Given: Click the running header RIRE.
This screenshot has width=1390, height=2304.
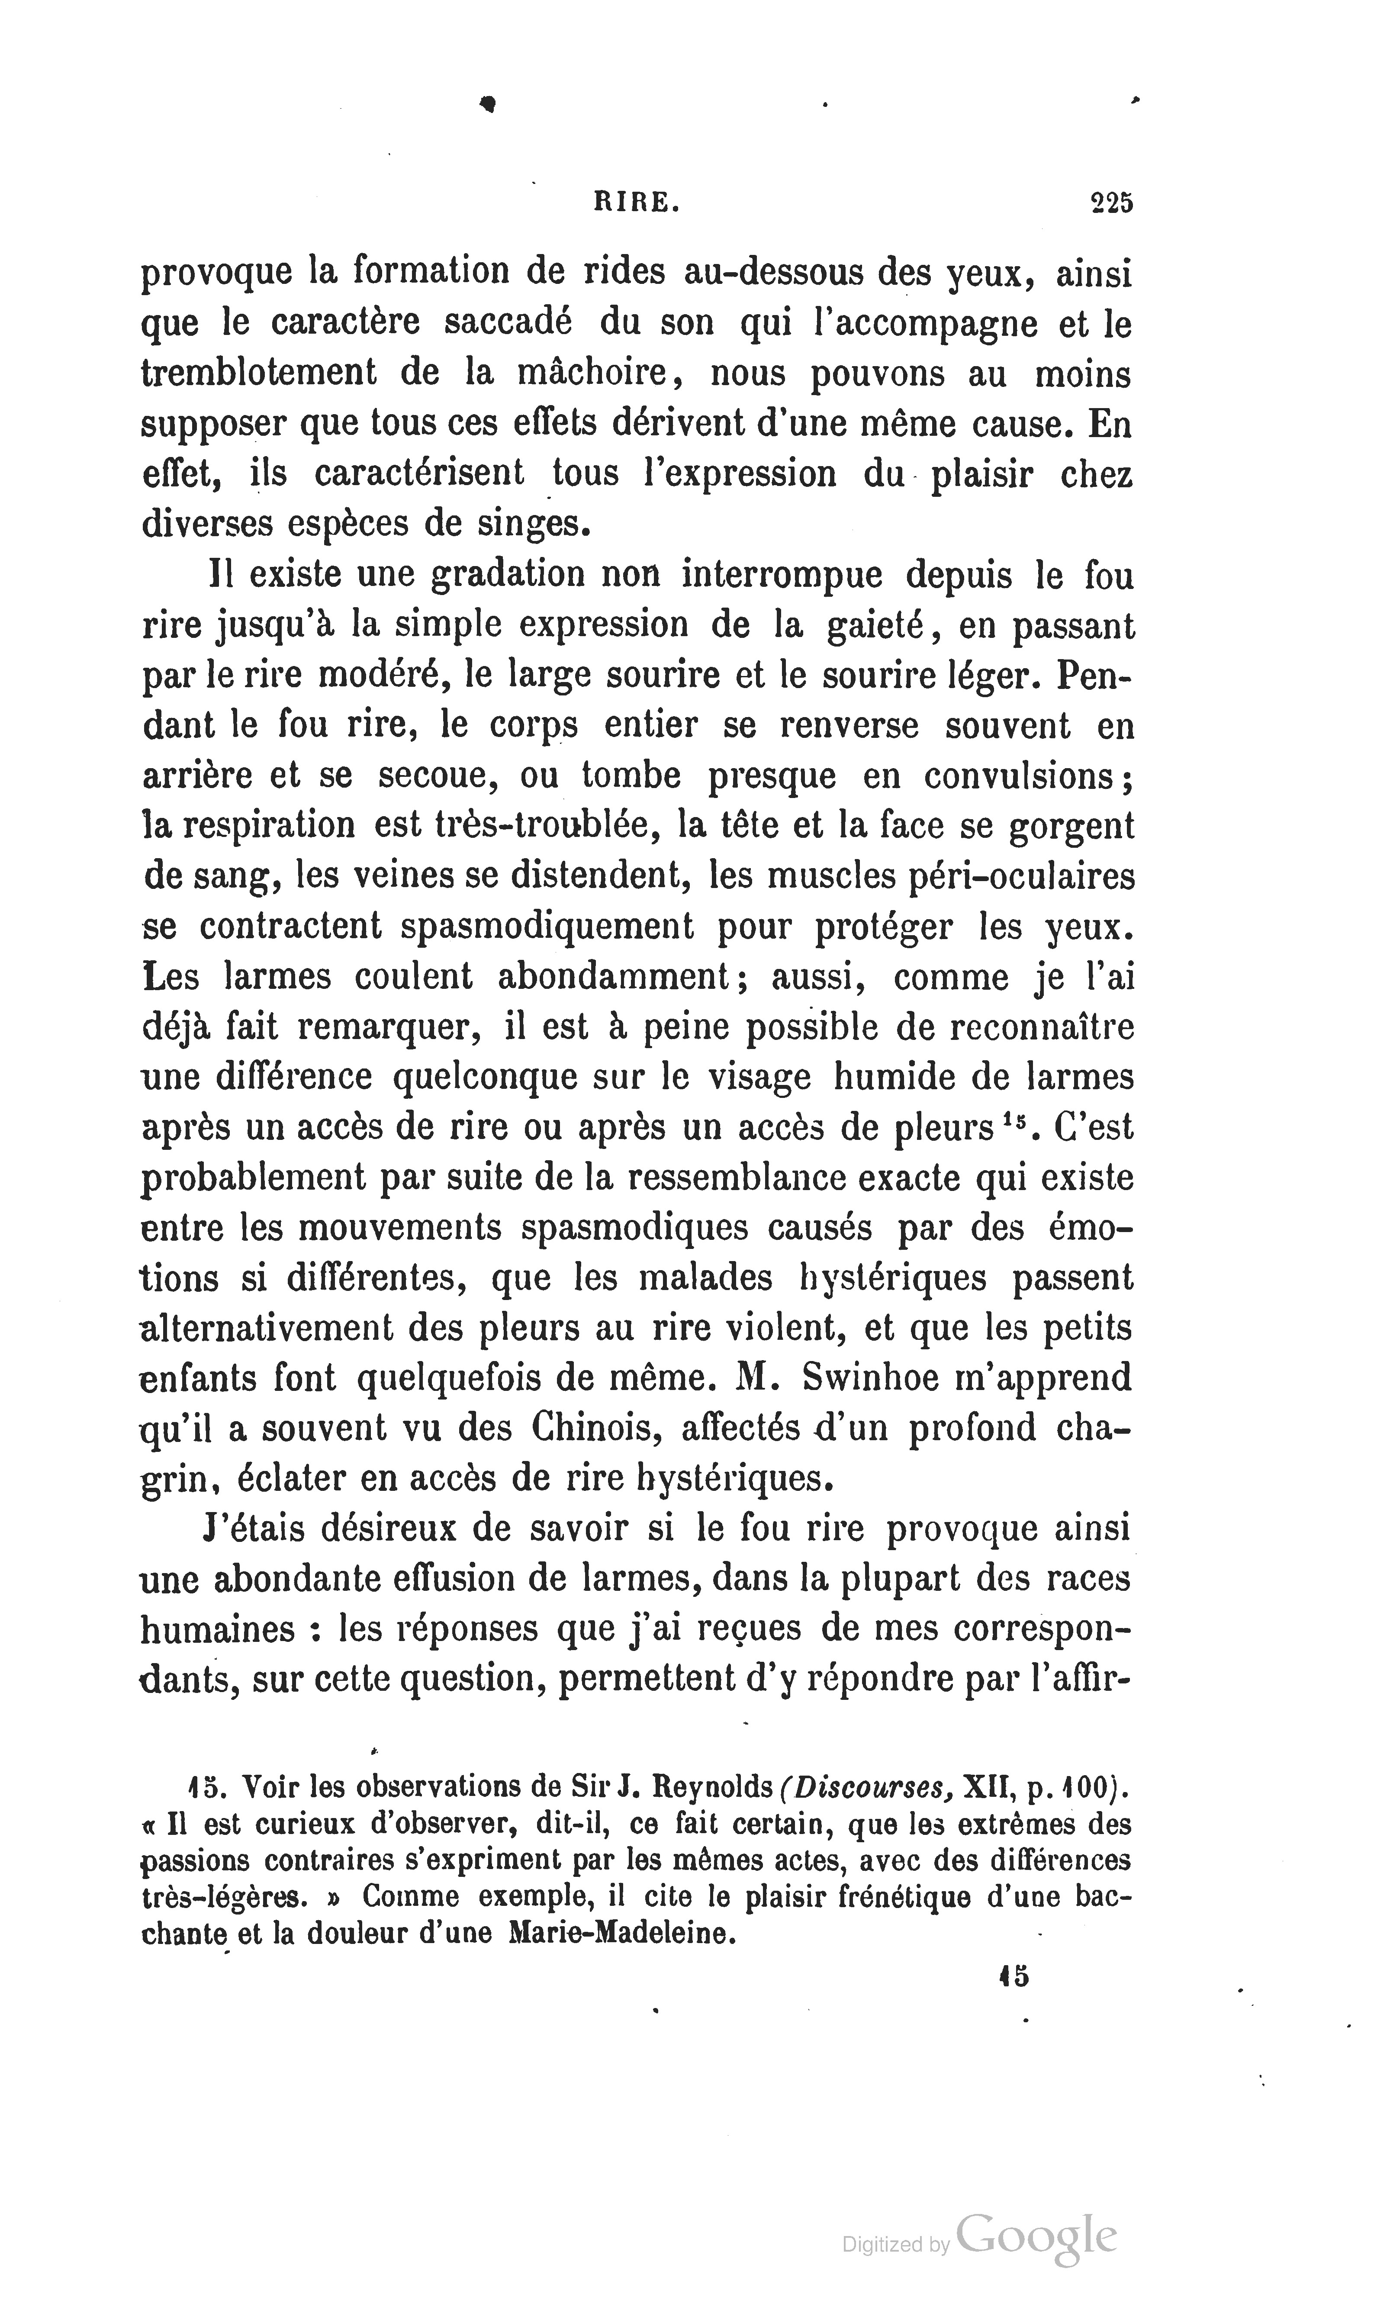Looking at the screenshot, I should pyautogui.click(x=636, y=204).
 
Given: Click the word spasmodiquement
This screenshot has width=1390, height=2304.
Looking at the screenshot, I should pyautogui.click(x=546, y=927).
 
